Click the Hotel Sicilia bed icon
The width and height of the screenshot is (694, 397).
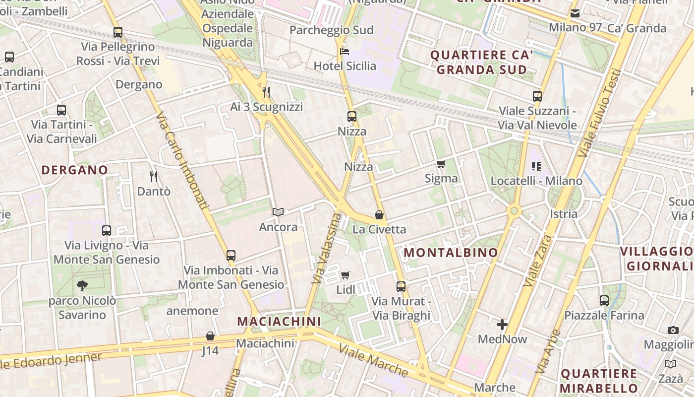pos(345,52)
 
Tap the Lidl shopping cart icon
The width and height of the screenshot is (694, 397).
pos(346,275)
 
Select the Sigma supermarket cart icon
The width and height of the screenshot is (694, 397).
pos(441,164)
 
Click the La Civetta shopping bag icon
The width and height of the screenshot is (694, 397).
pos(379,215)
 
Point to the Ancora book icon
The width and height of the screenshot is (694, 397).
pos(278,212)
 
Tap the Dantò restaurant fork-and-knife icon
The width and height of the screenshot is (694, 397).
pos(154,176)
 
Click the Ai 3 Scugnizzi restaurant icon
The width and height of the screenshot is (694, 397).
pos(266,92)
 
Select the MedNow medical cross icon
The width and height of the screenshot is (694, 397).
pos(502,325)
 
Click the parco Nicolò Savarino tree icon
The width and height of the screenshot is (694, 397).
pos(82,286)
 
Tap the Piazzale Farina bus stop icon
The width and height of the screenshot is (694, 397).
pos(604,300)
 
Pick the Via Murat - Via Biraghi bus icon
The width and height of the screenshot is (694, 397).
pos(401,286)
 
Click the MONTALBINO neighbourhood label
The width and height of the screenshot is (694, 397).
pos(451,253)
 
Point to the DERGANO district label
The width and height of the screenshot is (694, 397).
pos(75,170)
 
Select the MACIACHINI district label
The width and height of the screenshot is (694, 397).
pos(279,322)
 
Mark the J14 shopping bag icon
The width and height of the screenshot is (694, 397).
pos(210,336)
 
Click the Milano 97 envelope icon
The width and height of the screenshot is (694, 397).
pos(575,13)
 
